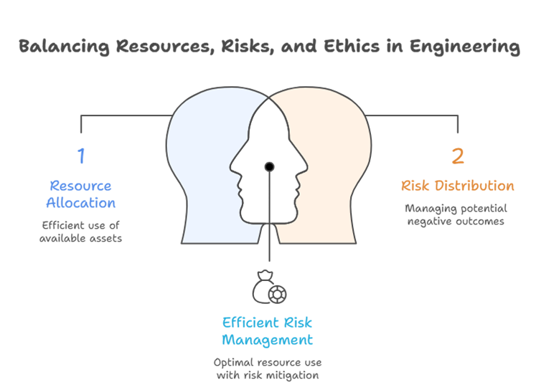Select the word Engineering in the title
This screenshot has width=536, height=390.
tap(464, 48)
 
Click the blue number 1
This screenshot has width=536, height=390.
tap(81, 155)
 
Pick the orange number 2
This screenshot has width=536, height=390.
tap(457, 156)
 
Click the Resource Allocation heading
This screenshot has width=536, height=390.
tap(80, 194)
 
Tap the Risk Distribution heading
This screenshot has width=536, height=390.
tap(457, 186)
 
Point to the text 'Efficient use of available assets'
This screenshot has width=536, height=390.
tap(80, 231)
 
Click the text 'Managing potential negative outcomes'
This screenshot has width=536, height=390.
tap(455, 214)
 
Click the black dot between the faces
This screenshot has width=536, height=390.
tap(269, 166)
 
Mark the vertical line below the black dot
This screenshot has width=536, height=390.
tap(269, 222)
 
